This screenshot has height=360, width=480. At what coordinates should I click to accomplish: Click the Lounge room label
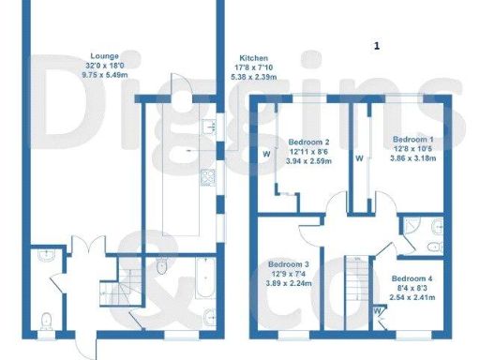coord(105,56)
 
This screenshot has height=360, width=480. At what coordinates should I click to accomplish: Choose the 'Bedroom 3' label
coord(289,263)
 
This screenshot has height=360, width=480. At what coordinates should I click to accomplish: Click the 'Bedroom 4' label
coord(412,279)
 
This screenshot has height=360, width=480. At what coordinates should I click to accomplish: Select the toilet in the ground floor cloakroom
coord(47,322)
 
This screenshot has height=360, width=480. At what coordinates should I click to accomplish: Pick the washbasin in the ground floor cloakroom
coord(45,254)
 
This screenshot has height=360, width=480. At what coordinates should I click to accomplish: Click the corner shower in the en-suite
coord(412,227)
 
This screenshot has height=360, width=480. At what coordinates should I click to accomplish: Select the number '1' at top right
coord(377,44)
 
